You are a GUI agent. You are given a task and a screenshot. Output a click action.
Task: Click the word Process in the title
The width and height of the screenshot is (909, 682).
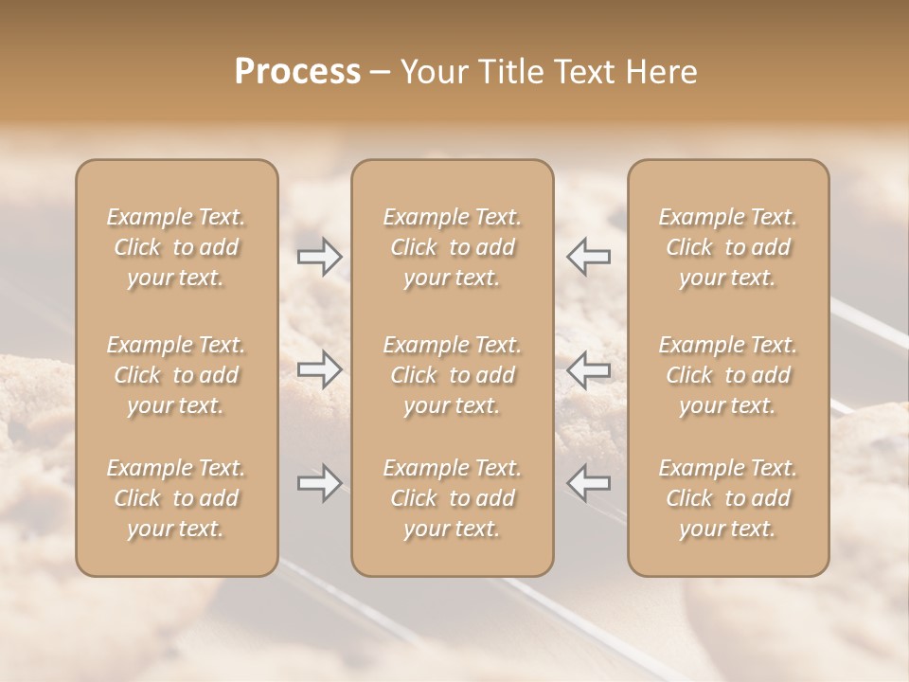pyautogui.click(x=297, y=72)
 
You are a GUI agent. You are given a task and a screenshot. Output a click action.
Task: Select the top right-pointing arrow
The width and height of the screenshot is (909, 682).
pyautogui.click(x=319, y=256)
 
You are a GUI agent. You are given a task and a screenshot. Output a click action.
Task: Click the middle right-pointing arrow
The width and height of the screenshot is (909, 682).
pyautogui.click(x=319, y=368)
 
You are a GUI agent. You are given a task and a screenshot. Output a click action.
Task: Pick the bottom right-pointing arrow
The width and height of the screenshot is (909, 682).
pyautogui.click(x=319, y=483)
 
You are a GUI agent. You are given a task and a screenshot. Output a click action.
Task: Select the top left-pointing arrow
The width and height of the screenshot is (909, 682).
pyautogui.click(x=589, y=256)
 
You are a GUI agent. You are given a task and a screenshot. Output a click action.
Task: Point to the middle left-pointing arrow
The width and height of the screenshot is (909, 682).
pyautogui.click(x=589, y=368)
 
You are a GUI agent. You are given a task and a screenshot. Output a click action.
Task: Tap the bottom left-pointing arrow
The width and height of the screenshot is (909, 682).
pyautogui.click(x=589, y=483)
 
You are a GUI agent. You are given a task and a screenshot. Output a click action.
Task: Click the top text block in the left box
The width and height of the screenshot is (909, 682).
pyautogui.click(x=176, y=247)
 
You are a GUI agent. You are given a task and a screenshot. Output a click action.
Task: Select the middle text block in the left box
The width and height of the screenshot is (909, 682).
pyautogui.click(x=176, y=375)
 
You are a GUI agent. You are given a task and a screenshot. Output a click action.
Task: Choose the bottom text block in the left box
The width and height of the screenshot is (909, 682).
pyautogui.click(x=176, y=498)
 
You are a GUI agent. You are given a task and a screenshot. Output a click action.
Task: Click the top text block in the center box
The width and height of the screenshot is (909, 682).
pyautogui.click(x=452, y=247)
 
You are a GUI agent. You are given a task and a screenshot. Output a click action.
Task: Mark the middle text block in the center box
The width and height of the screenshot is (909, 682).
pyautogui.click(x=452, y=375)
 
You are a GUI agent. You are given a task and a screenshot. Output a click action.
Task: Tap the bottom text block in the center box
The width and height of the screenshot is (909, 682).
pyautogui.click(x=452, y=498)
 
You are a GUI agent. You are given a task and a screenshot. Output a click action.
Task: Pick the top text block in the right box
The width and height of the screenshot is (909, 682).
pyautogui.click(x=728, y=247)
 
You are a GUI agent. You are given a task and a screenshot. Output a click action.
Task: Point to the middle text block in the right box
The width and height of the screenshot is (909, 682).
pyautogui.click(x=728, y=375)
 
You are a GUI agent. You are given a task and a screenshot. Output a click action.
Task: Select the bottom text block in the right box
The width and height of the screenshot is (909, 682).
pyautogui.click(x=728, y=498)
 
